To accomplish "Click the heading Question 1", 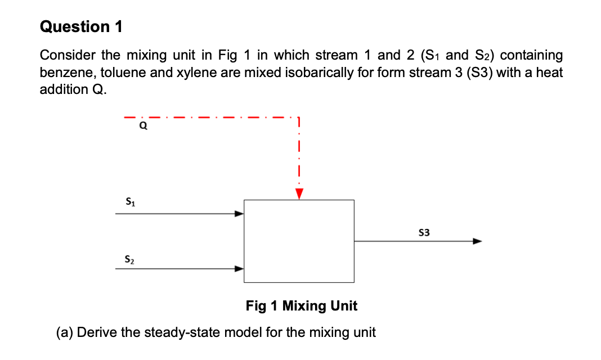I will point(82,26).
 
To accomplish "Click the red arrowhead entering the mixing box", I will point(299,193).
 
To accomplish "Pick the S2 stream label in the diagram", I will point(129,259).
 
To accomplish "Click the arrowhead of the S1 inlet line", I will point(239,214).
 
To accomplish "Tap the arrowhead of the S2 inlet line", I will point(239,269).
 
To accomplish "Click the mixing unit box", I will point(299,241).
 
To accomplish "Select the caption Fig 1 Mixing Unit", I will point(301,306).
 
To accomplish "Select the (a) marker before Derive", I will point(64,332).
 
